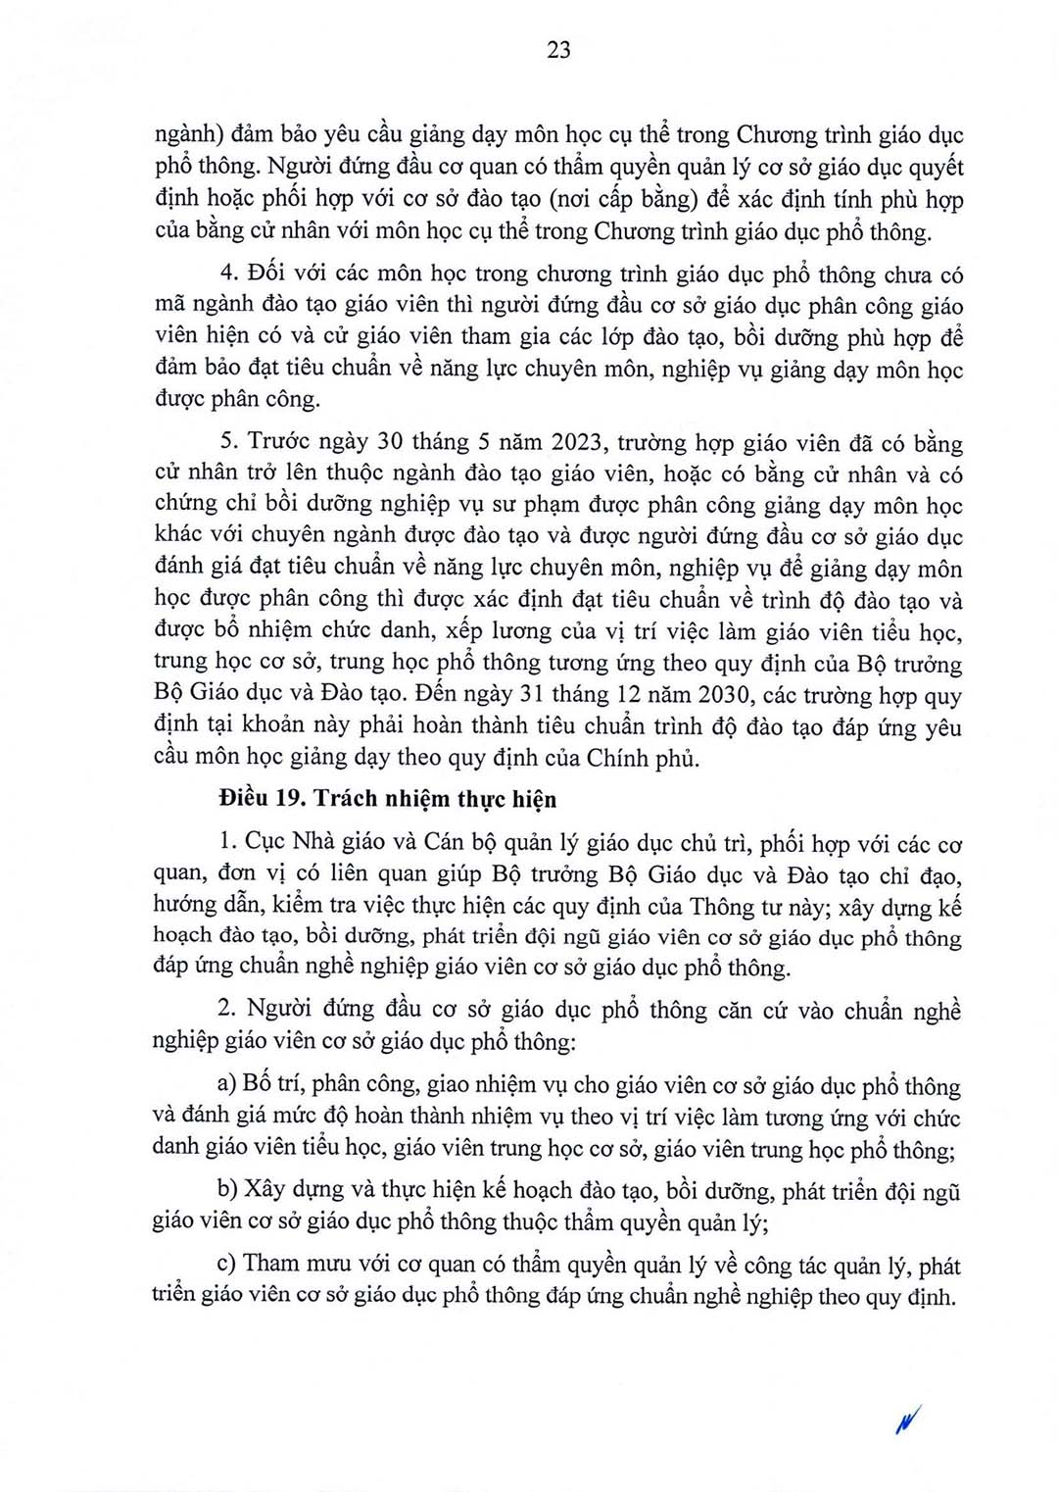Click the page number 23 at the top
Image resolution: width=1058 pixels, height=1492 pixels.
pos(558,50)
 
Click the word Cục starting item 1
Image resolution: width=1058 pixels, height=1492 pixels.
pos(264,841)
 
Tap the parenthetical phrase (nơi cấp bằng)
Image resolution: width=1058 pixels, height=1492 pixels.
pos(622,200)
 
